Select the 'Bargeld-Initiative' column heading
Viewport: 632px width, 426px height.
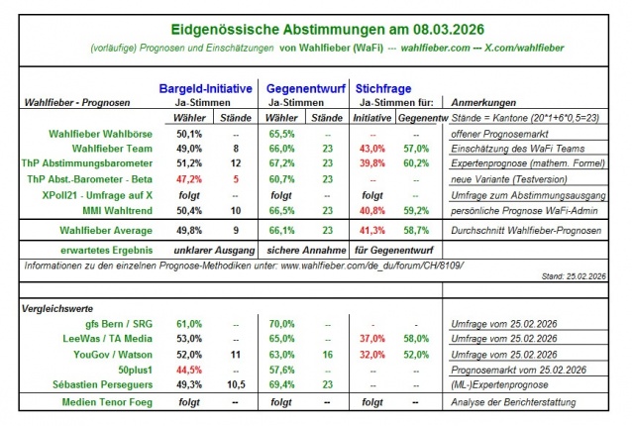tap(206, 87)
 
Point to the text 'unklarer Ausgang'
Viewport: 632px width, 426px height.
tap(212, 249)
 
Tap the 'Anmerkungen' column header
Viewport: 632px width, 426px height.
tap(485, 102)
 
